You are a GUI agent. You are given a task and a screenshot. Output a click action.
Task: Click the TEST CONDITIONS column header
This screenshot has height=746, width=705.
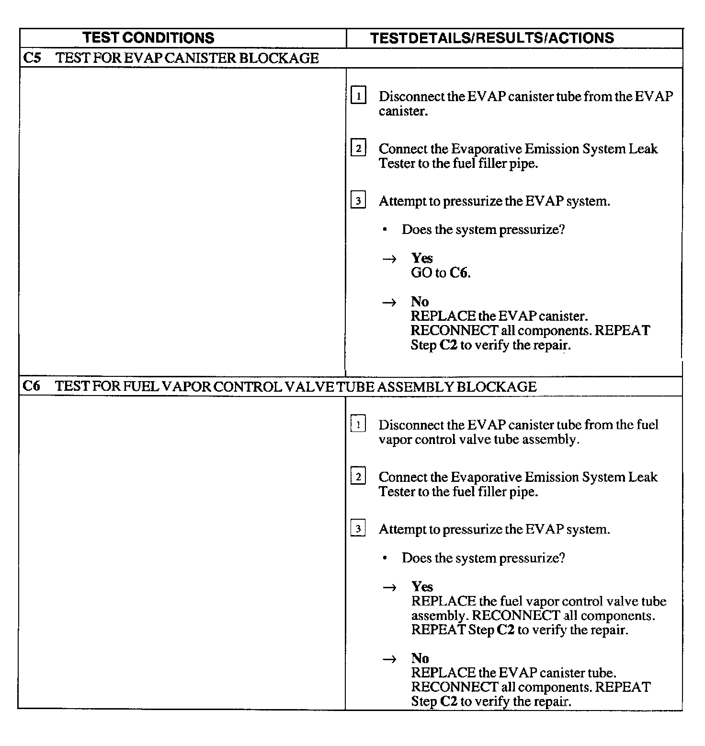pos(148,38)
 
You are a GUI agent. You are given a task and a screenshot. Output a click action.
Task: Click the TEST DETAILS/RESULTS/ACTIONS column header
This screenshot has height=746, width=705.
pos(492,38)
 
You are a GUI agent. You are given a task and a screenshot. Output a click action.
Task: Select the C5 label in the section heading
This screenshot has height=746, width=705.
pos(32,58)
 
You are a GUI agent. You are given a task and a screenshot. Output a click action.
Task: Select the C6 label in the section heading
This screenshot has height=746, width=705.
pos(32,386)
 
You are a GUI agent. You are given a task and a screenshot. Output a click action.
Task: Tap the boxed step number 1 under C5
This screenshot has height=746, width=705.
pos(358,96)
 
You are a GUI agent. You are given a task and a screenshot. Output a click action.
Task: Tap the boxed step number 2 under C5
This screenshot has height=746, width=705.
pos(358,148)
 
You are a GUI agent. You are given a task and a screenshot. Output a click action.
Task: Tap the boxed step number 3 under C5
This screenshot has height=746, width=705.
pos(358,200)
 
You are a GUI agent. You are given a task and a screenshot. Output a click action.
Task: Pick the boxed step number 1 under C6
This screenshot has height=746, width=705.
pos(358,424)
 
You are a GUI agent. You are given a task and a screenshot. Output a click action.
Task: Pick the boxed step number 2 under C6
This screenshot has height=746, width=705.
pos(358,477)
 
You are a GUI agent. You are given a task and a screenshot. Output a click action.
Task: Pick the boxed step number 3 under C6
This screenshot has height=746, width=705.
pos(358,529)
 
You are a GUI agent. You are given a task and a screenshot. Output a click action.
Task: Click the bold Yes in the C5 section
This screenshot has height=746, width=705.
pos(422,258)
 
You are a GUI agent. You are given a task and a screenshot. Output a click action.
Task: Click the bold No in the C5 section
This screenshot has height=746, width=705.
pos(420,302)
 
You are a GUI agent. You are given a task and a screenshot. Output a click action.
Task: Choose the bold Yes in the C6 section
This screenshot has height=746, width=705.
pos(422,586)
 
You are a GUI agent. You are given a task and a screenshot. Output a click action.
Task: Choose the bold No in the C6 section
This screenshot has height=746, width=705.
pos(420,658)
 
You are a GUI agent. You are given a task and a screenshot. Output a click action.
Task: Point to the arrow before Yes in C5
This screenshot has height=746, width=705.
pos(390,259)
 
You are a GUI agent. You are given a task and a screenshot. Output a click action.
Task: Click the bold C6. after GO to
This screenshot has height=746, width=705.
pos(460,273)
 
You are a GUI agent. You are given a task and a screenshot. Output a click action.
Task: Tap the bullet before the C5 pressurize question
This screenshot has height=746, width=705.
pos(385,230)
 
